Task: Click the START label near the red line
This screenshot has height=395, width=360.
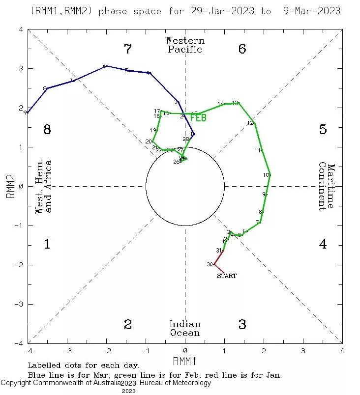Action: pyautogui.click(x=227, y=276)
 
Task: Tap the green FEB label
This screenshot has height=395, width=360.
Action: pyautogui.click(x=198, y=118)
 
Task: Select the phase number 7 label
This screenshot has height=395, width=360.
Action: pyautogui.click(x=128, y=49)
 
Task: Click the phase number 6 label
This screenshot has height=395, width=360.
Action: pyautogui.click(x=242, y=49)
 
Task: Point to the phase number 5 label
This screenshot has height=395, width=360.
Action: pyautogui.click(x=323, y=130)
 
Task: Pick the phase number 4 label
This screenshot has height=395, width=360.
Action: pyautogui.click(x=323, y=244)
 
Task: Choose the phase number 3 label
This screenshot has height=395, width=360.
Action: pyautogui.click(x=242, y=324)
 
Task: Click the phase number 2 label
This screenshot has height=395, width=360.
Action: pyautogui.click(x=128, y=324)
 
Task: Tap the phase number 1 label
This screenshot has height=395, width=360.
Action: pyautogui.click(x=47, y=244)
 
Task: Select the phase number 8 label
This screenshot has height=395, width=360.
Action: pyautogui.click(x=47, y=130)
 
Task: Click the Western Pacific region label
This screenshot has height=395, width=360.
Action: pyautogui.click(x=185, y=45)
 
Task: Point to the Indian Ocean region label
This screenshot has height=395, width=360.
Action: pyautogui.click(x=185, y=328)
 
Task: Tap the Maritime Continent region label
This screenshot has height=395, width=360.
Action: pyautogui.click(x=326, y=187)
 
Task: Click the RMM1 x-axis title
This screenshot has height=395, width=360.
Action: pyautogui.click(x=185, y=361)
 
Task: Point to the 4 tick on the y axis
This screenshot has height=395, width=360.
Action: pyautogui.click(x=21, y=29)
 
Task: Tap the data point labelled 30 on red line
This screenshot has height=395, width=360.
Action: pyautogui.click(x=214, y=265)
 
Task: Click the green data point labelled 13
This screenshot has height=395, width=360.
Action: pyautogui.click(x=239, y=103)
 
